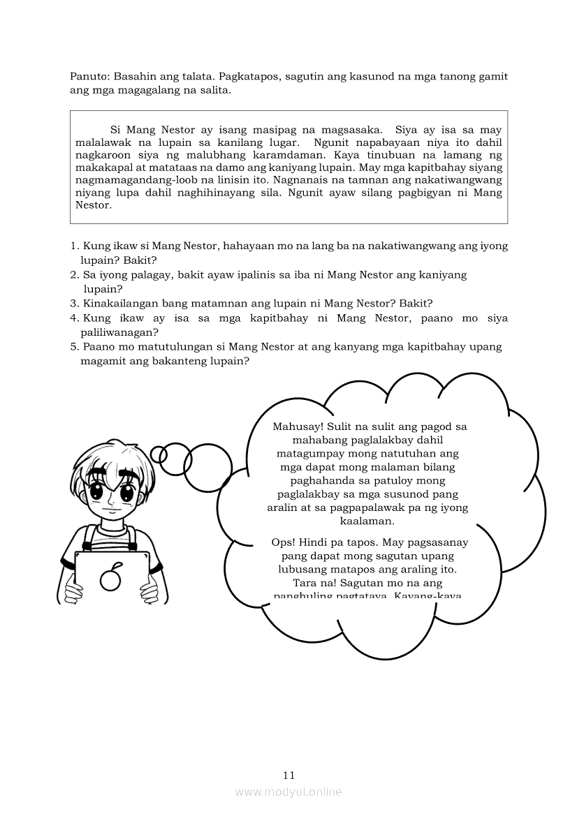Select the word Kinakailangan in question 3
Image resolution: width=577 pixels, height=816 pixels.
pyautogui.click(x=118, y=304)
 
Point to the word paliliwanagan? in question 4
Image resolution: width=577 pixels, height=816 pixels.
pyautogui.click(x=119, y=332)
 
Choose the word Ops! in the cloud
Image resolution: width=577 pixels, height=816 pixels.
pyautogui.click(x=284, y=542)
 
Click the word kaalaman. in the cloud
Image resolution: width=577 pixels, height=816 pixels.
pyautogui.click(x=367, y=521)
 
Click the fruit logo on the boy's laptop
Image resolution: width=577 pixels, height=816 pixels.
pyautogui.click(x=110, y=577)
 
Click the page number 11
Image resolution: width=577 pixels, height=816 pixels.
pyautogui.click(x=289, y=775)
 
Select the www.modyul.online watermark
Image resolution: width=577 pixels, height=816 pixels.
pyautogui.click(x=288, y=792)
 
